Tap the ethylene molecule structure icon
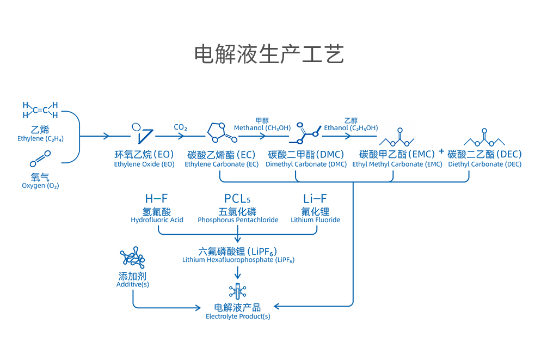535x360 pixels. (41, 109)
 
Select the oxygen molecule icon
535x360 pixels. (41, 160)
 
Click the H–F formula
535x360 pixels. (157, 199)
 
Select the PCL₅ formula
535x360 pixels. (238, 199)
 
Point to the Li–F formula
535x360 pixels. (315, 199)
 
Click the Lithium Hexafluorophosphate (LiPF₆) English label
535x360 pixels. (238, 260)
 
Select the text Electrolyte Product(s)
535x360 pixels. (238, 316)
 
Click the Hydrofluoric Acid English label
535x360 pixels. (157, 220)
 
